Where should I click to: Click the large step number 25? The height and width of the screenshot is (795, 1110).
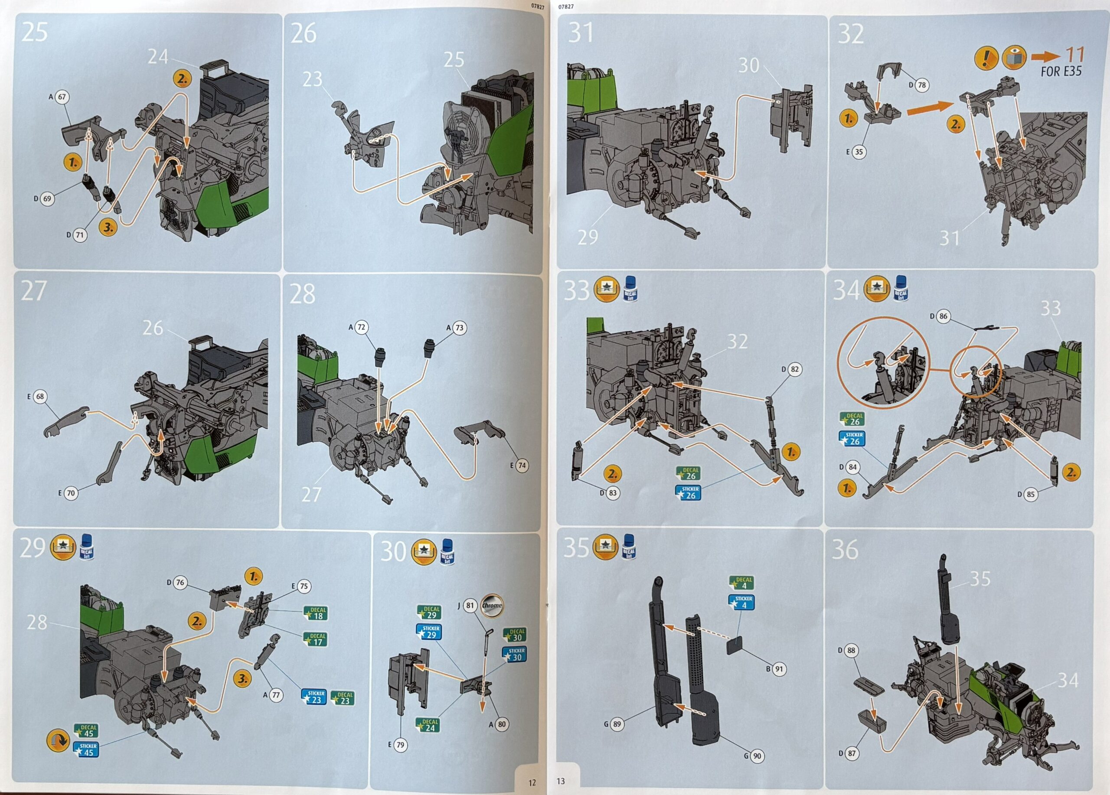pos(35,32)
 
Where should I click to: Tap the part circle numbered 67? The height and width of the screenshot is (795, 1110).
pos(62,97)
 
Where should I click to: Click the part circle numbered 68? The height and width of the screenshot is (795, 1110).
pos(40,396)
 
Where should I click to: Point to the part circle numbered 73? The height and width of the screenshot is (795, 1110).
pos(459,328)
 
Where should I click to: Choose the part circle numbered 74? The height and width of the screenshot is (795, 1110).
pos(522,465)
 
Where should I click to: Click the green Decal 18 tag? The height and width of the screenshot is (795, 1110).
pos(316,613)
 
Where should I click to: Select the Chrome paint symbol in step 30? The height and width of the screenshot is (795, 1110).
pos(491,605)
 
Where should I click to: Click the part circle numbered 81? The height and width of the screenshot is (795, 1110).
pos(470,606)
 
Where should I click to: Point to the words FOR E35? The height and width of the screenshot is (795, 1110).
pos(1061,72)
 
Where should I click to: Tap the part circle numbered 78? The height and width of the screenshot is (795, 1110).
pos(921,85)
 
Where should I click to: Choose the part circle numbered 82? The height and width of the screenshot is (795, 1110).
pos(794,369)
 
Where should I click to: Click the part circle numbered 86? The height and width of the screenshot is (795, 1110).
pos(943,316)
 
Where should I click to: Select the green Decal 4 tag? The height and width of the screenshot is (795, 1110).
pos(741,583)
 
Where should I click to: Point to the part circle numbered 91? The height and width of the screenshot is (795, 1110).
pos(779,669)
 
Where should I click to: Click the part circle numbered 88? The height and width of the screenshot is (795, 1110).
pos(852,650)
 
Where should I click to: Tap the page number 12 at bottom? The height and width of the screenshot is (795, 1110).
pos(532,782)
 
